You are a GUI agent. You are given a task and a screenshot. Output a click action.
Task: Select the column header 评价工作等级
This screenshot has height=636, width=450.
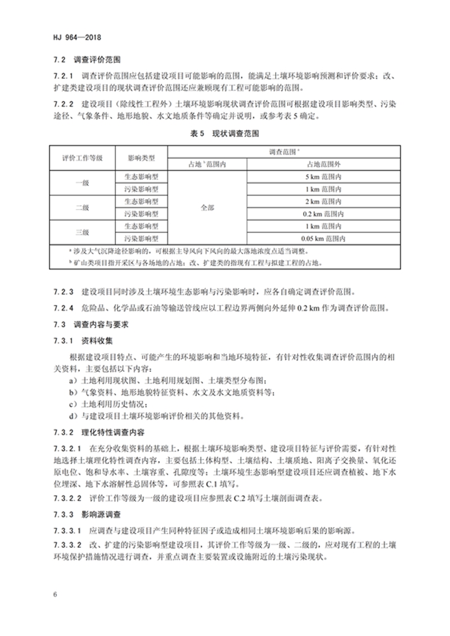(82, 158)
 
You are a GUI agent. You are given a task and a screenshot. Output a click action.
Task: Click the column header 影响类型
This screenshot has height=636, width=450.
(141, 158)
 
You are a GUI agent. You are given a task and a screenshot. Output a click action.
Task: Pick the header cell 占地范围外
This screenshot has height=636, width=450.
(324, 164)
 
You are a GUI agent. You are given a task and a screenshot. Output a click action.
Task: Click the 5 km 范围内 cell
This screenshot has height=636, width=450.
(324, 176)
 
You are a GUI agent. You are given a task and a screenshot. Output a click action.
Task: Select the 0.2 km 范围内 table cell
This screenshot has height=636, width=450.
(324, 213)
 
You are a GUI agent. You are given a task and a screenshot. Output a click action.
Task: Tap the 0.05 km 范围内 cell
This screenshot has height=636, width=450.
(324, 238)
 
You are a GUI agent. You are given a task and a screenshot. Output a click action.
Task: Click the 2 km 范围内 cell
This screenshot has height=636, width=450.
(324, 201)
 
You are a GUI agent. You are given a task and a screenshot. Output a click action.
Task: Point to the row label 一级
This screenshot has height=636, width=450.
(82, 183)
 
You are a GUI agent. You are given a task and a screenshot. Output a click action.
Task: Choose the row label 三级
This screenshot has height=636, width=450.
(82, 232)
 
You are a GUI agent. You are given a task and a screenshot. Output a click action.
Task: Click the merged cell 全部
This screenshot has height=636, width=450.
(208, 207)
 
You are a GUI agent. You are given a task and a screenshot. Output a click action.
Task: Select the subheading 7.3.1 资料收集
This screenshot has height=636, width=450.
(84, 340)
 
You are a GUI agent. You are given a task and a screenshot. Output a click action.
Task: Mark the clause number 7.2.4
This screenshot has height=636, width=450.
(63, 309)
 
